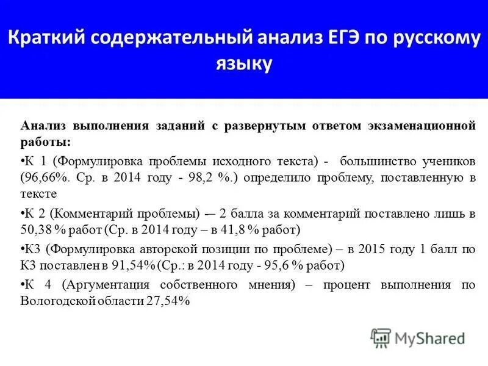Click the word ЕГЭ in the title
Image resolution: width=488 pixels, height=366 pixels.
[337, 39]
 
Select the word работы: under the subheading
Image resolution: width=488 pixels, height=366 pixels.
[46, 142]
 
